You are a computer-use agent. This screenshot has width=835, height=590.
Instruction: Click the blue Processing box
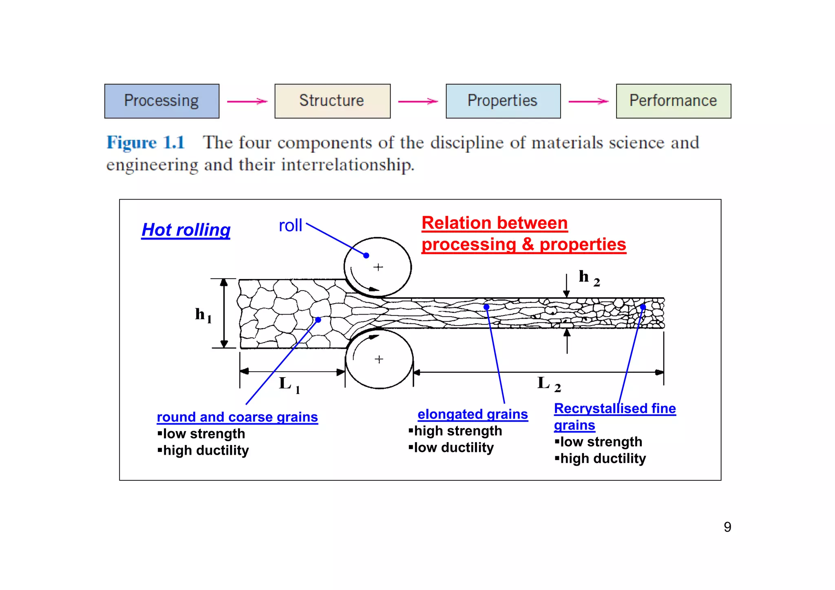pos(162,101)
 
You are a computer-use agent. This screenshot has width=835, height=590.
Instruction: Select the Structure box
pos(332,101)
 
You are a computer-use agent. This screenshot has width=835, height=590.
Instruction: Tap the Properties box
pos(503,101)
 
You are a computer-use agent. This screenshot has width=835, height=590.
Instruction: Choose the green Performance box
pos(673,101)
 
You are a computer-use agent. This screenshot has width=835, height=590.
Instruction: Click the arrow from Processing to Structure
pos(247,101)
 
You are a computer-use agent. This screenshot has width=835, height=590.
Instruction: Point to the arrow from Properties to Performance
pos(588,101)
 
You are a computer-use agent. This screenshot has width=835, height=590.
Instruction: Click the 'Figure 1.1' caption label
pos(146,143)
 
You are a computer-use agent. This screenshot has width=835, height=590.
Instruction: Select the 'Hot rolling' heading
pos(186,230)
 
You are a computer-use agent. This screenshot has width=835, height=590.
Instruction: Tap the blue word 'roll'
pos(290,225)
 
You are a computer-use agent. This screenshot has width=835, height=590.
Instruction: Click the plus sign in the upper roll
pos(378,267)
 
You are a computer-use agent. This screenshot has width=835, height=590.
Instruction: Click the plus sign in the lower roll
pos(379,359)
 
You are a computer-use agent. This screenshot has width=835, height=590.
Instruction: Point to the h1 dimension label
pos(203,315)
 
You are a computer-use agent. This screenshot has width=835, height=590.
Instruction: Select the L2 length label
pos(549,384)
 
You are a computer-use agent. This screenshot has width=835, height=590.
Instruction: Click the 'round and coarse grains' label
pos(237,417)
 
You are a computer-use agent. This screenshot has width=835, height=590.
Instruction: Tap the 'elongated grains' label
pos(473,414)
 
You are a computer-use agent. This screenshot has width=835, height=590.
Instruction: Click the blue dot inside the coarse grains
pos(318,320)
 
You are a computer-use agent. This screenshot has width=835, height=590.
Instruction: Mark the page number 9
pos(727,527)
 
